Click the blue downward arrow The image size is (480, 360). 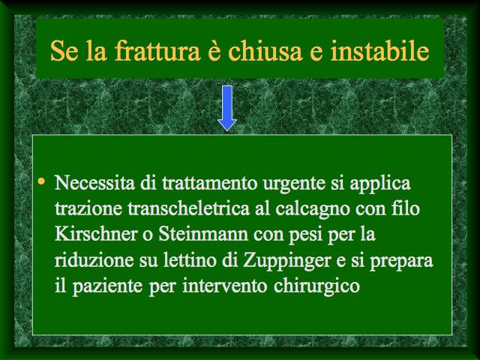[x=226, y=108]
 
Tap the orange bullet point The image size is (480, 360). [x=41, y=181]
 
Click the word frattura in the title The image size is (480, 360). [x=157, y=51]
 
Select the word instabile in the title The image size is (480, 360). [x=379, y=51]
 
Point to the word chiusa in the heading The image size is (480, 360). [x=265, y=51]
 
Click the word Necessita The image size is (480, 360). [x=94, y=183]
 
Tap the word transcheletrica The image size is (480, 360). [x=188, y=208]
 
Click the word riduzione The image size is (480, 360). [x=94, y=260]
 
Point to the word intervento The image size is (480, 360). [x=225, y=286]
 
